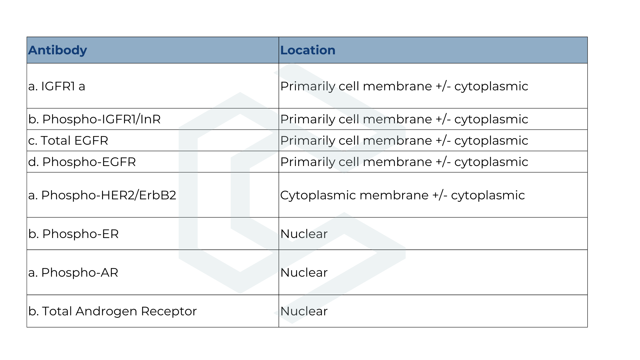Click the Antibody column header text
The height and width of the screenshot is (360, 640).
[57, 50]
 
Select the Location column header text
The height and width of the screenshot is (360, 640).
[308, 50]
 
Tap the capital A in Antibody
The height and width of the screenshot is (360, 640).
[32, 50]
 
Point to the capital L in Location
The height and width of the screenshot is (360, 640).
[283, 50]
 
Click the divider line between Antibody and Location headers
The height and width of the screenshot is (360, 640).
[279, 50]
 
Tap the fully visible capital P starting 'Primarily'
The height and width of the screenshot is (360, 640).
[284, 141]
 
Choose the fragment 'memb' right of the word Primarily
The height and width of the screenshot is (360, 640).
[383, 141]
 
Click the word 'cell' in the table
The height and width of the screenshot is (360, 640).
[349, 162]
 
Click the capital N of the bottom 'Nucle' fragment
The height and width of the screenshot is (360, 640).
[285, 311]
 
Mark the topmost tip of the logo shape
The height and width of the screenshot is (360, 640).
[292, 64]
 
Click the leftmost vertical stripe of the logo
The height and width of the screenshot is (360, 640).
[188, 193]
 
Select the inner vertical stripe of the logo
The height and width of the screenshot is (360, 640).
[240, 193]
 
